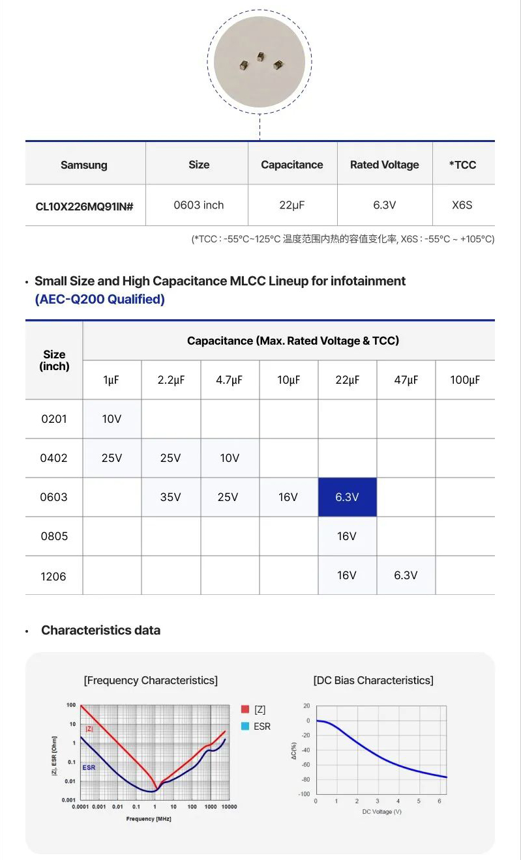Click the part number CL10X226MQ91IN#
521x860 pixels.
click(x=84, y=206)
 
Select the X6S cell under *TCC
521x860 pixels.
click(x=462, y=205)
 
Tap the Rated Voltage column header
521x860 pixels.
click(x=385, y=165)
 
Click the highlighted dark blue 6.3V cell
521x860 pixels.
click(x=347, y=497)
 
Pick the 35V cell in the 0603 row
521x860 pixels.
click(x=170, y=497)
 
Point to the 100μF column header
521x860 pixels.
click(x=465, y=380)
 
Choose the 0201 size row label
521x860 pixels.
click(x=54, y=419)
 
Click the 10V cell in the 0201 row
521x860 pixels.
click(x=112, y=419)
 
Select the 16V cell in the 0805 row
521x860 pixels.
click(x=347, y=536)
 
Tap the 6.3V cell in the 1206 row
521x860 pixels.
click(x=406, y=575)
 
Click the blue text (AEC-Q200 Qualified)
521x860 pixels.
click(x=100, y=299)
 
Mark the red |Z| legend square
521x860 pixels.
click(x=245, y=709)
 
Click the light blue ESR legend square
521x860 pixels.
click(x=245, y=726)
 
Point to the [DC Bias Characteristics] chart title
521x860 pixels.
click(x=373, y=680)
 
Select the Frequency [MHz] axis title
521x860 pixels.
click(x=149, y=818)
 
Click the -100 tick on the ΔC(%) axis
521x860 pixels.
click(x=305, y=794)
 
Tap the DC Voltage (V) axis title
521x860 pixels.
click(x=381, y=811)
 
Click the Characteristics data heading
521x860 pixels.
click(x=100, y=630)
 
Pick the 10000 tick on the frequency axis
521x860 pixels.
click(x=228, y=807)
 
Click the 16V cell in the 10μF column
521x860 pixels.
click(x=288, y=497)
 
